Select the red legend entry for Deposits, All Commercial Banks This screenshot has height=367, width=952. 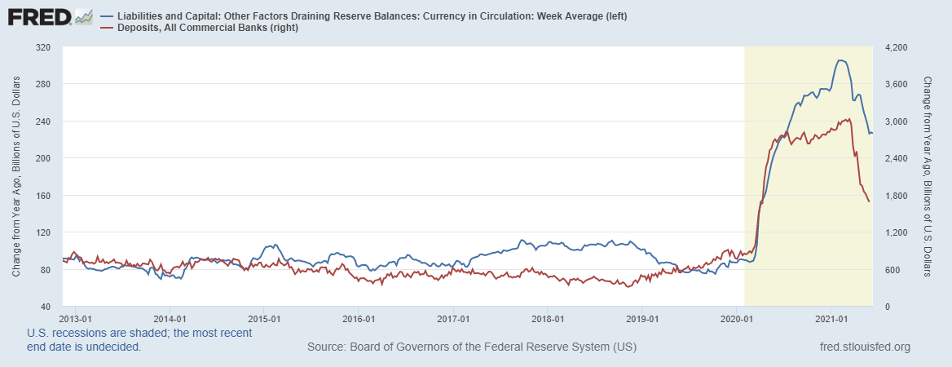point(205,29)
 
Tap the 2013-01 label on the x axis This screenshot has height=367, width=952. point(75,319)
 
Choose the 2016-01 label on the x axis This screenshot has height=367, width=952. point(359,319)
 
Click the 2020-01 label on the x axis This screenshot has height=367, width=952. point(736,319)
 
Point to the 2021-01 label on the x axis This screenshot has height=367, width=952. point(831,319)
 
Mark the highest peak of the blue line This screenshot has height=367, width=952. point(840,60)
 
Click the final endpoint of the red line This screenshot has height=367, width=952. point(869,201)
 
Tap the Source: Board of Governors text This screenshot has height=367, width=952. point(472,347)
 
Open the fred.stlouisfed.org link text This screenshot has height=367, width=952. point(864,347)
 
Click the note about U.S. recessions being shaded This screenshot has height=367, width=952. point(139,340)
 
